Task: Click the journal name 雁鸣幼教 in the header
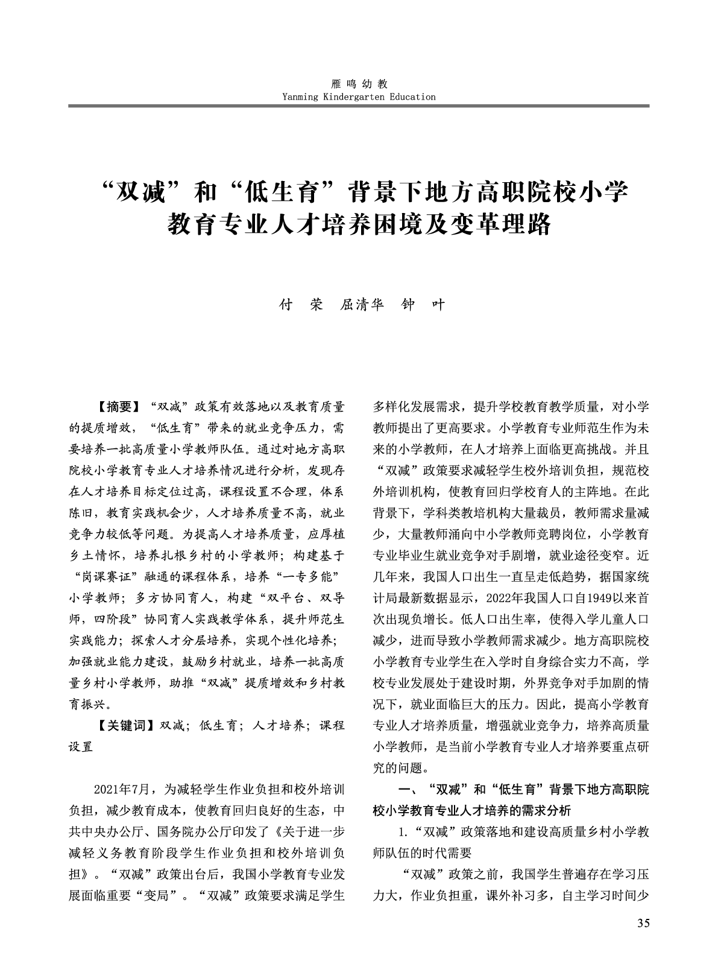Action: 359,84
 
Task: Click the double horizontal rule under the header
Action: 359,106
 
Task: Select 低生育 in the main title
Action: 286,193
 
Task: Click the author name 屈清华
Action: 362,305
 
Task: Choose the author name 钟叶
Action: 423,305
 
